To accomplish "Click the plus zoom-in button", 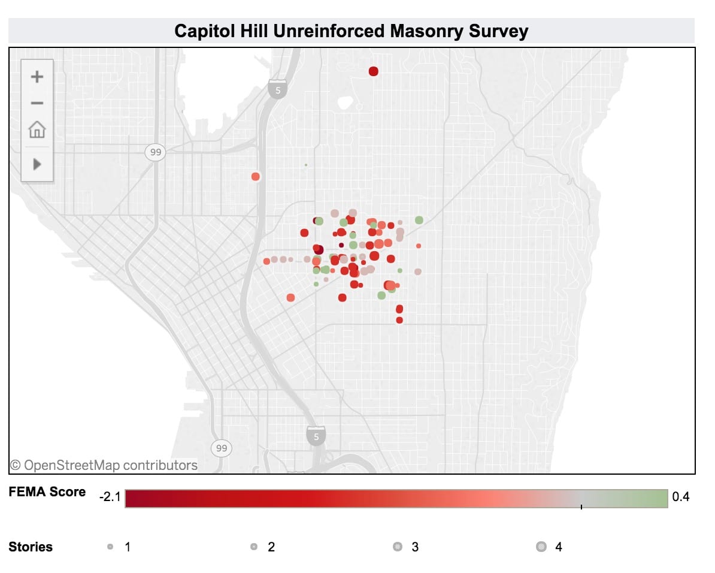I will tap(37, 77).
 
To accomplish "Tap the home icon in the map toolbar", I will tap(37, 129).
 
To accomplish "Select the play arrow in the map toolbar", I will tap(37, 164).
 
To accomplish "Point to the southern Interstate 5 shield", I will tap(316, 436).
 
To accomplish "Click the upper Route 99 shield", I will tap(156, 152).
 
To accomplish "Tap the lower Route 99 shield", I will tap(222, 448).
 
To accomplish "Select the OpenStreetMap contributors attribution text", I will tap(104, 465).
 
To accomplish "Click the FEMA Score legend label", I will tap(47, 492).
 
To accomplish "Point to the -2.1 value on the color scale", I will tap(110, 497).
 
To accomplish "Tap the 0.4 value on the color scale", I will tap(681, 497).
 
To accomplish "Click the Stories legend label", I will tap(31, 547).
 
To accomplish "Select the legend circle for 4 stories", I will tap(541, 547).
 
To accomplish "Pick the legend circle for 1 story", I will tap(110, 547).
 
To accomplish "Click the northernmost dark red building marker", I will tap(374, 71).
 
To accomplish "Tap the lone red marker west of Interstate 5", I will tap(256, 176).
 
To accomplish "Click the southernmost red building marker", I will tap(399, 320).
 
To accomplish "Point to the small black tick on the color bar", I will tap(581, 506).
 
